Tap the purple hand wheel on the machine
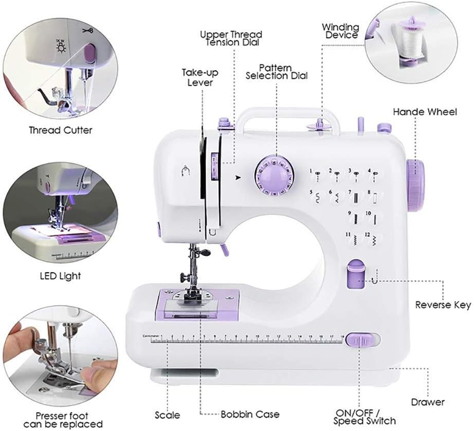pyautogui.click(x=415, y=185)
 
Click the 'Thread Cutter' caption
pyautogui.click(x=61, y=130)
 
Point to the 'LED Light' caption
pyautogui.click(x=60, y=276)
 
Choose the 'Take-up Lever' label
pyautogui.click(x=197, y=77)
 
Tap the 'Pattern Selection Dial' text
pyautogui.click(x=277, y=72)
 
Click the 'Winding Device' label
pyautogui.click(x=340, y=31)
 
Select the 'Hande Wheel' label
pyautogui.click(x=425, y=112)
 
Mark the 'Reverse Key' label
pyautogui.click(x=443, y=305)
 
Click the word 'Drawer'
pyautogui.click(x=428, y=402)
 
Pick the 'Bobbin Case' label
pyautogui.click(x=250, y=414)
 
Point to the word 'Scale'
pyautogui.click(x=168, y=415)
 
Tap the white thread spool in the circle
pyautogui.click(x=409, y=37)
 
